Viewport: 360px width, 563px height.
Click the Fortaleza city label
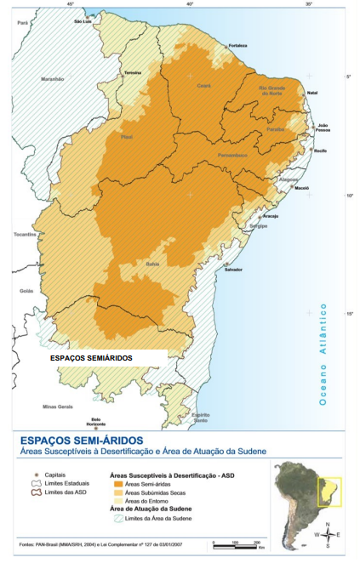(237, 43)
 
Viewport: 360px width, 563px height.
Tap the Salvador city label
(234, 270)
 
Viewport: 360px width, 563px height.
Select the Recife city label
(320, 151)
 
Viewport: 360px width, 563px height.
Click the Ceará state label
(203, 84)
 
